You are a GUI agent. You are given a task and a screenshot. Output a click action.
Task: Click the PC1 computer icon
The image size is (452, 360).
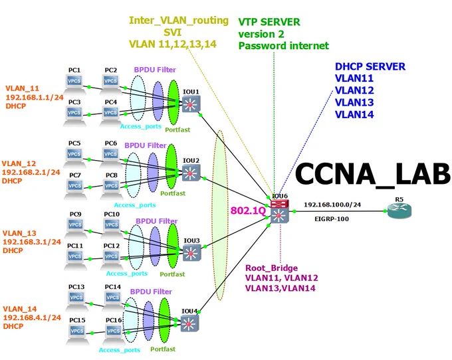pyautogui.click(x=74, y=84)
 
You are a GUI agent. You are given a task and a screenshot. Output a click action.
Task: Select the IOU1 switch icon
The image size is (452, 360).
pyautogui.click(x=191, y=104)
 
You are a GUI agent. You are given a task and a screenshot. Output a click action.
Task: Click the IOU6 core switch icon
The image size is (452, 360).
pyautogui.click(x=279, y=212)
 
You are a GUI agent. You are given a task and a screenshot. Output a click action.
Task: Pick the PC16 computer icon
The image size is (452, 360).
pyautogui.click(x=114, y=334)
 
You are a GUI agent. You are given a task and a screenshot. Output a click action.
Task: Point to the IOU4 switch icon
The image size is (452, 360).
pyautogui.click(x=189, y=323)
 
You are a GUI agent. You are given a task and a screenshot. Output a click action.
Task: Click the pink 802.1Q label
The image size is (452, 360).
pyautogui.click(x=248, y=211)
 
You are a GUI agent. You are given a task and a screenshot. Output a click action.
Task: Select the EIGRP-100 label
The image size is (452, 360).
pyautogui.click(x=332, y=219)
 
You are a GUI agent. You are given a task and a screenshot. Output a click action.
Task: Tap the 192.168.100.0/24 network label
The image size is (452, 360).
pyautogui.click(x=332, y=205)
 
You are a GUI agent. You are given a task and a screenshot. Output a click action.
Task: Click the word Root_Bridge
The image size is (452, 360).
pyautogui.click(x=272, y=268)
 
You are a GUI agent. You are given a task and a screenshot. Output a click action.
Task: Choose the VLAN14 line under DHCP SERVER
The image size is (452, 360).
pyautogui.click(x=354, y=115)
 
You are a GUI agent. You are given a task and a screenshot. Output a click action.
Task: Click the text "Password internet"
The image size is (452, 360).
pyautogui.click(x=284, y=46)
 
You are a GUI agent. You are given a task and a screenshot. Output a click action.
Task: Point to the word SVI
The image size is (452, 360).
pyautogui.click(x=172, y=32)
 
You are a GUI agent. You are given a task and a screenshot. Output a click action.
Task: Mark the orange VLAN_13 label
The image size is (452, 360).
pyautogui.click(x=19, y=233)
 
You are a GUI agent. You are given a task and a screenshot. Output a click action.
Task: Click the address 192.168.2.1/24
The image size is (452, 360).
pyautogui.click(x=31, y=172)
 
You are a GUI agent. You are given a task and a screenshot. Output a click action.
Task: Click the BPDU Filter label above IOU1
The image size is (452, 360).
pyautogui.click(x=155, y=70)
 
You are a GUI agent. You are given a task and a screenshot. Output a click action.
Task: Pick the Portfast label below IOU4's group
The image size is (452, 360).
pyautogui.click(x=163, y=349)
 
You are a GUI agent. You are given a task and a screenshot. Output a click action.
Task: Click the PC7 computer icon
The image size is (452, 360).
pyautogui.click(x=75, y=189)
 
